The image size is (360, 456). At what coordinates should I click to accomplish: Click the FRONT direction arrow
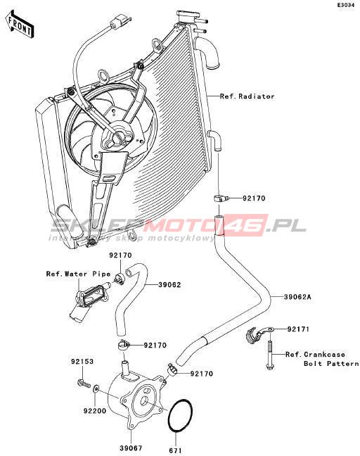20,25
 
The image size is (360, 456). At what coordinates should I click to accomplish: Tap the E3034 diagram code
345,5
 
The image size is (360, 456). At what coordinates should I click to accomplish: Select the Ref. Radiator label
247,96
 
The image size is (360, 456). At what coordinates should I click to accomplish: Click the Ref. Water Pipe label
79,274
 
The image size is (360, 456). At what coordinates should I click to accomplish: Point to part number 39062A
297,297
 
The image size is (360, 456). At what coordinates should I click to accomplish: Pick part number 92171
298,329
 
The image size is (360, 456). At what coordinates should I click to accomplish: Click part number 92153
82,362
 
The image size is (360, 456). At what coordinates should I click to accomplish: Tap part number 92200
95,411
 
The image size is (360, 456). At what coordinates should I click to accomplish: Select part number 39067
131,448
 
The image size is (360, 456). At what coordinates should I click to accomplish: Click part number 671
176,450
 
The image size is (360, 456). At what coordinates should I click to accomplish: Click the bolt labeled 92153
84,383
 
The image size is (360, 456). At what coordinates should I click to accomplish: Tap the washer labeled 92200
96,389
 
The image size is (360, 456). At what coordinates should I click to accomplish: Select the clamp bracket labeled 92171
259,334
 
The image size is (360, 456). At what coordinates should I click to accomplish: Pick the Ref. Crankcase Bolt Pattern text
322,359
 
